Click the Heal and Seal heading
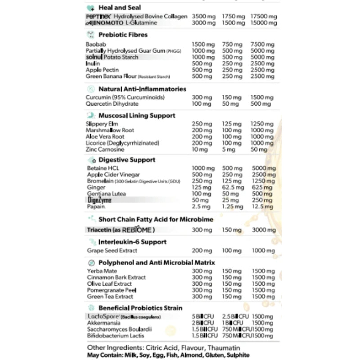click(119, 7)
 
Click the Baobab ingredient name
click(95, 45)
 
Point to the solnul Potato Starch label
click(112, 57)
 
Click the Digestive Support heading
click(127, 159)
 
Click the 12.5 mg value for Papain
click(261, 207)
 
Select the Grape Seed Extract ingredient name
click(112, 250)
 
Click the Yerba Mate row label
click(101, 271)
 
